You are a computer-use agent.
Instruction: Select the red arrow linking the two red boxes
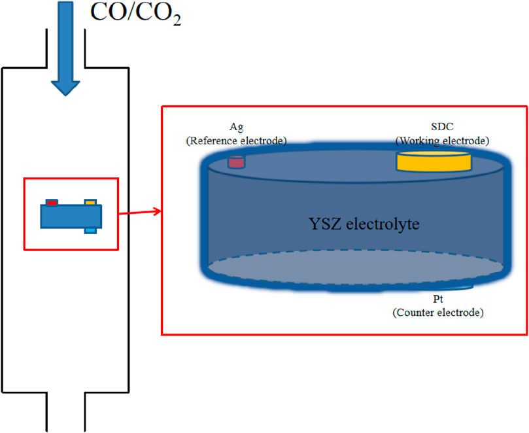pyautogui.click(x=139, y=211)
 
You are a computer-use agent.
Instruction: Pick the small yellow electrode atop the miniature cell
pyautogui.click(x=91, y=202)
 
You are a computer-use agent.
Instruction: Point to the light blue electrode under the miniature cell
pyautogui.click(x=91, y=230)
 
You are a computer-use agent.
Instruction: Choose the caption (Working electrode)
pyautogui.click(x=443, y=140)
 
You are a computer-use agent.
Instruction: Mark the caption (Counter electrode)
pyautogui.click(x=437, y=313)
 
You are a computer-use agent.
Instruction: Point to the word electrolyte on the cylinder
pyautogui.click(x=382, y=224)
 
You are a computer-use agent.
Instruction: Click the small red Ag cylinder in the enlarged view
pyautogui.click(x=235, y=162)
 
